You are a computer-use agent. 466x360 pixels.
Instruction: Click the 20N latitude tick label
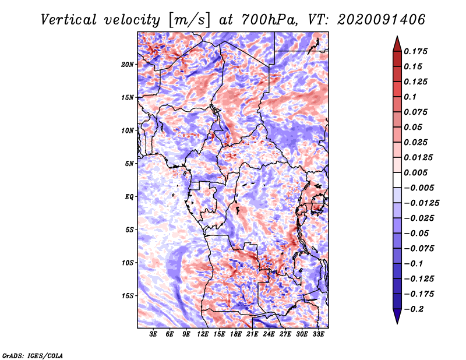point(128,64)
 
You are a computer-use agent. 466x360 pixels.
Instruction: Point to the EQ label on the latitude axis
point(129,196)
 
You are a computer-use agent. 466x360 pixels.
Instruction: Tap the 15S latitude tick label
point(128,296)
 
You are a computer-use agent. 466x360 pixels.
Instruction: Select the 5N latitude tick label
point(129,164)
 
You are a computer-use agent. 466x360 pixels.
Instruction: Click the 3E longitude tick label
point(153,334)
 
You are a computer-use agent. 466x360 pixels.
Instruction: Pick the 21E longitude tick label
point(252,334)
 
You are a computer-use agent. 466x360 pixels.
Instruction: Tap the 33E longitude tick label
point(318,334)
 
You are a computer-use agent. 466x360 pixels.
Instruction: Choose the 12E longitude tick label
point(202,334)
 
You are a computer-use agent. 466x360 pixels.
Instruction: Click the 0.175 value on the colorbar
point(415,51)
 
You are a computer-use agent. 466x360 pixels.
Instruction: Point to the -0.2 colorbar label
point(414,309)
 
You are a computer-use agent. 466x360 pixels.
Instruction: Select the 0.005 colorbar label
point(415,172)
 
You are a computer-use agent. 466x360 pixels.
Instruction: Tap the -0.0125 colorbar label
point(421,203)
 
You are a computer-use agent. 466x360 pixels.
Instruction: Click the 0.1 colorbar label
point(410,97)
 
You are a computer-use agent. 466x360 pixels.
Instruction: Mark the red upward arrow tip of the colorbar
point(397,37)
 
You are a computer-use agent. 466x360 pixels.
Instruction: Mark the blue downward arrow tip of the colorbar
point(397,323)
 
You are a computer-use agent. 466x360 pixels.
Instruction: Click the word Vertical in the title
point(68,20)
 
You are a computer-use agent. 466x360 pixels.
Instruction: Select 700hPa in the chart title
point(270,20)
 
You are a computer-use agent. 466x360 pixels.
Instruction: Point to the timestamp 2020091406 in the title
point(382,20)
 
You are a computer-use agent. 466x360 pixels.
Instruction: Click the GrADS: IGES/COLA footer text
point(33,356)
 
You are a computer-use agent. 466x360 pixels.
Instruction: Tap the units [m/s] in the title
point(189,20)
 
